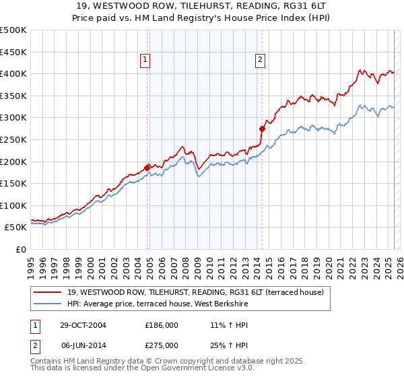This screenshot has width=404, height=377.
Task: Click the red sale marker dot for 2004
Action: [x=147, y=168]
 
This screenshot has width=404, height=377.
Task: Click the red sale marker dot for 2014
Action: [x=262, y=128]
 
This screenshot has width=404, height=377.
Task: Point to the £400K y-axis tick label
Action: [x=13, y=74]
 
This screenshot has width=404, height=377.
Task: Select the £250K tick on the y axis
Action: [x=13, y=139]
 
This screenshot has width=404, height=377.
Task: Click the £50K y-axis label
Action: [x=16, y=228]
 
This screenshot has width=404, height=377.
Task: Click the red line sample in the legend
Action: [x=48, y=292]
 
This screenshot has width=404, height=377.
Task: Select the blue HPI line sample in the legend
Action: [x=48, y=304]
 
